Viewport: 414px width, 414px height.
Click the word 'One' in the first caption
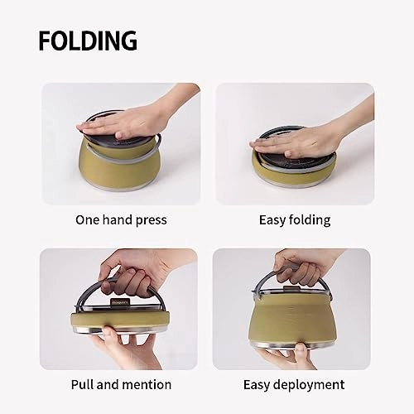[x=89, y=220]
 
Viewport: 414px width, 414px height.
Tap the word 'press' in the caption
[x=151, y=220]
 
